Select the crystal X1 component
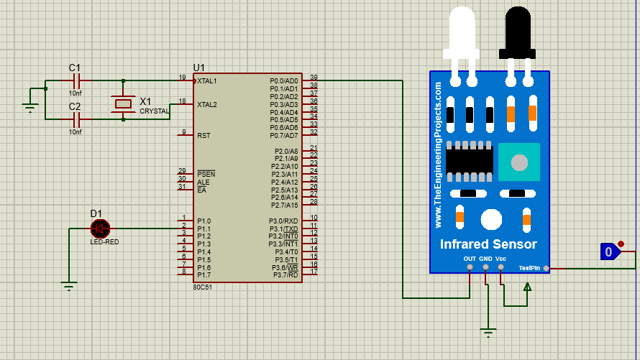pyautogui.click(x=124, y=103)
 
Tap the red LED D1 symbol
pyautogui.click(x=99, y=229)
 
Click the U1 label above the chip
pyautogui.click(x=199, y=68)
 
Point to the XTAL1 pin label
pyautogui.click(x=207, y=81)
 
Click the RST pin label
pyautogui.click(x=204, y=135)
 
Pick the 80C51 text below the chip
pyautogui.click(x=201, y=287)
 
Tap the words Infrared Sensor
pyautogui.click(x=488, y=244)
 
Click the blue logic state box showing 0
pyautogui.click(x=609, y=251)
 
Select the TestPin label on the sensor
pyautogui.click(x=529, y=268)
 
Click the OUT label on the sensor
pyautogui.click(x=469, y=259)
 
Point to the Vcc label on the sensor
pyautogui.click(x=500, y=259)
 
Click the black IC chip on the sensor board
pyautogui.click(x=469, y=162)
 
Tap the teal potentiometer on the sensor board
pyautogui.click(x=519, y=162)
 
